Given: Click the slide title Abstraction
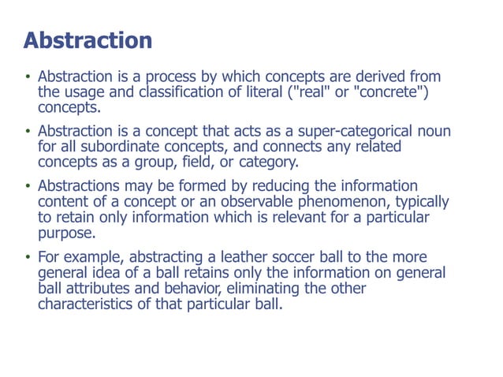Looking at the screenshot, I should (87, 40).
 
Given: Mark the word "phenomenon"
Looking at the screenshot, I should (345, 201).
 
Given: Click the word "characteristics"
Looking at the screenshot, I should (88, 303).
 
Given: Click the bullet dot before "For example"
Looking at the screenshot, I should (27, 258).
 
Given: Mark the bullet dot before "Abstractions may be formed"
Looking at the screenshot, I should (27, 187).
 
